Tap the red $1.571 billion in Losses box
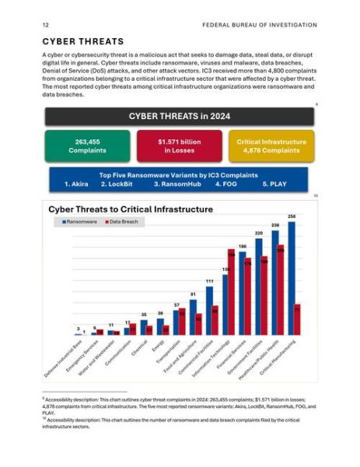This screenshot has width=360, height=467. (179, 146)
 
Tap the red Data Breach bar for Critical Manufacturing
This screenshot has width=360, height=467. (298, 319)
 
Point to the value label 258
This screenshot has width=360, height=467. (292, 216)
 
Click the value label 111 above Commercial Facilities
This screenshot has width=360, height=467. (209, 281)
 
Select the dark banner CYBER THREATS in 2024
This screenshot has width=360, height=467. (180, 117)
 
